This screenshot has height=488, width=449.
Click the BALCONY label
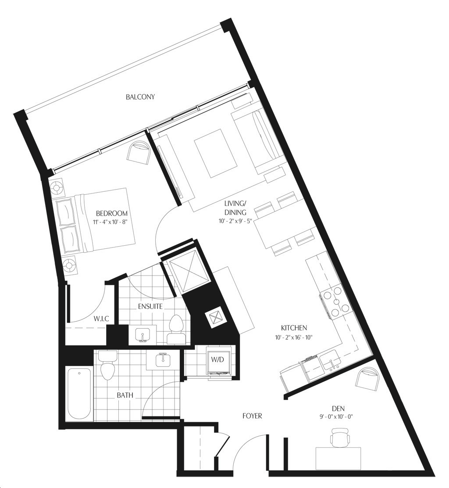tap(140, 97)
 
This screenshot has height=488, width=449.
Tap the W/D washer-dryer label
tap(217, 359)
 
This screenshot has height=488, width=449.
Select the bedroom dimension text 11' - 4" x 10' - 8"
tap(111, 222)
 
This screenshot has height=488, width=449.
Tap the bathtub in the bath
tap(79, 395)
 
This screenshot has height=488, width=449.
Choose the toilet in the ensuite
tap(177, 329)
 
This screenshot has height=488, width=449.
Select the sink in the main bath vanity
tap(163, 361)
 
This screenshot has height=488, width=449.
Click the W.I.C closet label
tap(101, 319)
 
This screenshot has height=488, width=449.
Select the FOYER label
tap(252, 416)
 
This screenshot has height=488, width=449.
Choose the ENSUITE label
tap(150, 306)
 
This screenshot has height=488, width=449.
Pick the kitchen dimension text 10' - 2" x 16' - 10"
tap(294, 337)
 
